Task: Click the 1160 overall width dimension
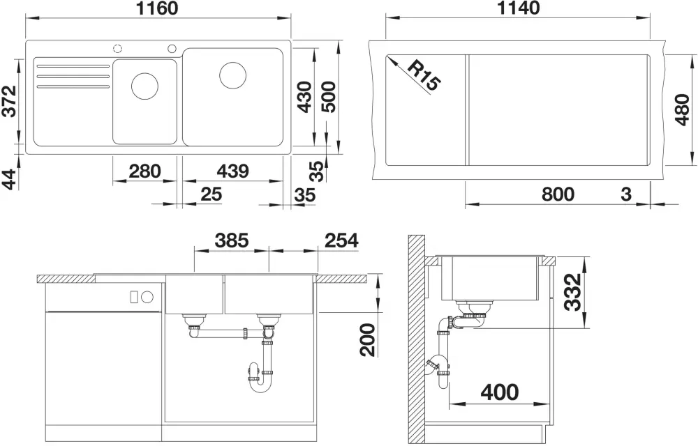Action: (156, 8)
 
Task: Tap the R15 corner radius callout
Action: (424, 76)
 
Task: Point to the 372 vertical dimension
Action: (9, 101)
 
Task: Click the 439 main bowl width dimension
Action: (232, 171)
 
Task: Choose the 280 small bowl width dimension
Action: (144, 171)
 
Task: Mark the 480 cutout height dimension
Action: (682, 109)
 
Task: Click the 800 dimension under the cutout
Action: (558, 194)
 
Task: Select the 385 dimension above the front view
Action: (232, 240)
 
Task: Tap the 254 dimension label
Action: (341, 240)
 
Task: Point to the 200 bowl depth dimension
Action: (368, 340)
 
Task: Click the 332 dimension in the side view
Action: (573, 292)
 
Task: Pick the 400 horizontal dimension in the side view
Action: (500, 392)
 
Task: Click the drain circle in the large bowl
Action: (233, 75)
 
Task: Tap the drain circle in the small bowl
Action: (144, 86)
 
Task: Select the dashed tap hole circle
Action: (118, 48)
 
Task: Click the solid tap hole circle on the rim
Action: (172, 48)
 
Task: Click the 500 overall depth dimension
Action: (329, 97)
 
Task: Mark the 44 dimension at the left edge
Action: (9, 179)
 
